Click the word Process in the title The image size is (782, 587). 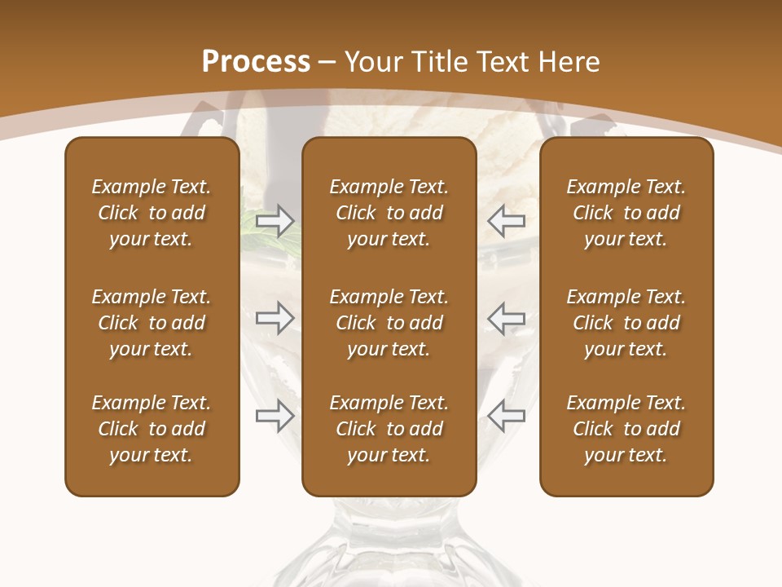256,62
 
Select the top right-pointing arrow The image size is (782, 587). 275,220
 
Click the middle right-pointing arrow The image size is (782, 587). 275,318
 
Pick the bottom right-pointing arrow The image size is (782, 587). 275,417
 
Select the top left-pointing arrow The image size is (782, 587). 507,220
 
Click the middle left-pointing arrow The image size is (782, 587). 507,318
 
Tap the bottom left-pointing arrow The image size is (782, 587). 507,417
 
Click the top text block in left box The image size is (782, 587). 152,213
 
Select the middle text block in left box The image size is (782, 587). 152,323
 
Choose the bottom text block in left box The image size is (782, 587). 152,429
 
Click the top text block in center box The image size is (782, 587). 389,213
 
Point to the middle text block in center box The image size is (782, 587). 389,323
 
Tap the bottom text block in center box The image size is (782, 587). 389,429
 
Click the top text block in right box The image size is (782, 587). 626,213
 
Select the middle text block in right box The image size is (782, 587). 626,323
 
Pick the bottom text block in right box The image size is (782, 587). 626,429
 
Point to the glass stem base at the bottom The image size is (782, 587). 389,546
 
